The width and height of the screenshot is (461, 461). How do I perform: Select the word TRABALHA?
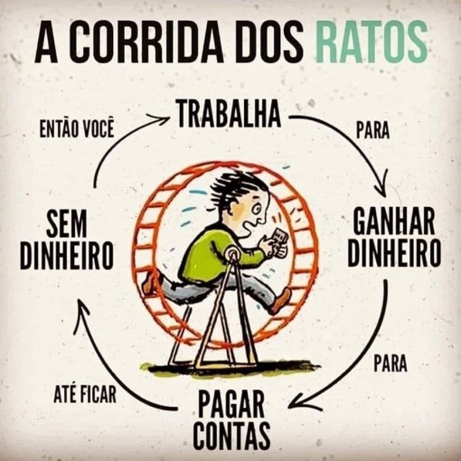[x=229, y=113]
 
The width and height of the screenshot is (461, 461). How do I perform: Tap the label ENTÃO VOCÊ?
[x=77, y=129]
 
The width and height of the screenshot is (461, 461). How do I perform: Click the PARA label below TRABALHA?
[x=372, y=130]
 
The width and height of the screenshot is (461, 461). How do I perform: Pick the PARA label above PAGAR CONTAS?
[x=390, y=363]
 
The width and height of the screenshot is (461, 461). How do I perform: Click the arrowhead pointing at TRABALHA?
[x=160, y=118]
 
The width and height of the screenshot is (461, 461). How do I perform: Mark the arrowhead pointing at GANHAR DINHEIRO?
[x=381, y=187]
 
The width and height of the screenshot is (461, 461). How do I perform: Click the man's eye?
[x=257, y=210]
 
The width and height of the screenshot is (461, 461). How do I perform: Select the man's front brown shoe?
[x=282, y=300]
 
